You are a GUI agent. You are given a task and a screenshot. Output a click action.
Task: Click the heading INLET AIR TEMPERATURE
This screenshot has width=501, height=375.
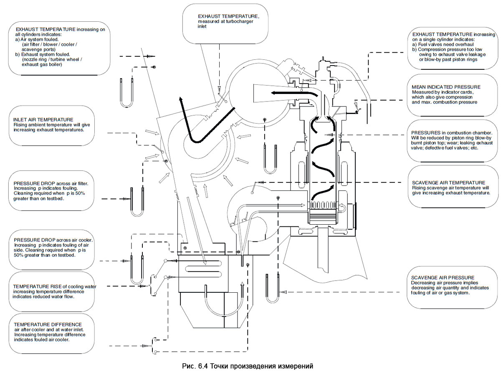(x=43, y=119)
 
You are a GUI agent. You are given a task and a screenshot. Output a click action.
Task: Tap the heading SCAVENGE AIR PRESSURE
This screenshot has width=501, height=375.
(x=443, y=278)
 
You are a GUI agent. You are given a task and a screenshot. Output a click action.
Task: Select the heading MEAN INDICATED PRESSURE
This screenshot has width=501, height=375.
(x=446, y=87)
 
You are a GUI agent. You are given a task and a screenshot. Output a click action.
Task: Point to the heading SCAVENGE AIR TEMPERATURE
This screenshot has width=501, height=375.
(x=448, y=182)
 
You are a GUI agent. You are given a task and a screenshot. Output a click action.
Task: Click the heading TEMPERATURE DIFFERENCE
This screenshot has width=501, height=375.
(x=48, y=324)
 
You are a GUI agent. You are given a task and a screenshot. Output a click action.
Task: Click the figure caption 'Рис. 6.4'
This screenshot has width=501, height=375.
(x=195, y=366)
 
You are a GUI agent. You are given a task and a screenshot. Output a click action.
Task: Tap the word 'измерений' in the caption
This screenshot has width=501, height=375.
(x=294, y=366)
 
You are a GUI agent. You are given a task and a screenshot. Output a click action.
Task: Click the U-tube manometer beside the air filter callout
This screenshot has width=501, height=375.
(x=137, y=202)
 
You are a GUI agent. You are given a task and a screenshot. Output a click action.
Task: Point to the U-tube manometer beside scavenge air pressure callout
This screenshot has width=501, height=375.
(x=273, y=288)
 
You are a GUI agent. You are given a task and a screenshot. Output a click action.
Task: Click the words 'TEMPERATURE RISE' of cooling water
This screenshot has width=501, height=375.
(x=39, y=286)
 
